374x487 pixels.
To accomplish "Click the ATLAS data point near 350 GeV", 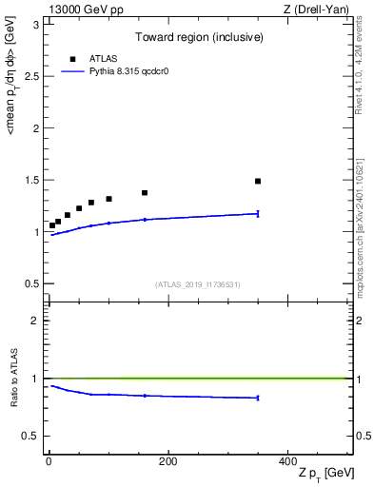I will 258,181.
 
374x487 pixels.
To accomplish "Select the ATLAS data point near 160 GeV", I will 145,193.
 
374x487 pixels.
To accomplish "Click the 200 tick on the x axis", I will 167,462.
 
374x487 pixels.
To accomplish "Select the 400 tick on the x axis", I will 287,462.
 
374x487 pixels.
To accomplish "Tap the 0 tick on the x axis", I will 49,462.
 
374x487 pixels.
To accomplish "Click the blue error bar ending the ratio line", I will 258,398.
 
